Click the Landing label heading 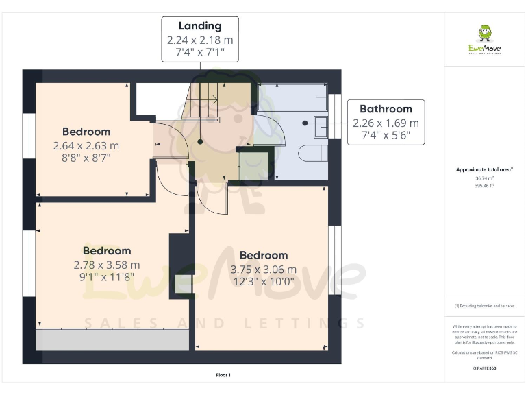coord(200,26)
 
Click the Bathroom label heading coord(386,108)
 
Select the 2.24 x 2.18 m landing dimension coord(200,40)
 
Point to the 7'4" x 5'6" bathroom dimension coord(386,136)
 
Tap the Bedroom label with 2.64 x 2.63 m coord(86,132)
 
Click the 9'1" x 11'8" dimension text coord(107,277)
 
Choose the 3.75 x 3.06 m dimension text coord(264,270)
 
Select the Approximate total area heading coord(484,169)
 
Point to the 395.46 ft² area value coord(484,184)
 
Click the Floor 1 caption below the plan coord(223,375)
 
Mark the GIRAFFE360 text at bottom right coord(484,369)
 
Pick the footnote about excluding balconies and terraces coord(484,306)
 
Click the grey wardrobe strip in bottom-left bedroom coord(112,339)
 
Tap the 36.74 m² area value coord(484,178)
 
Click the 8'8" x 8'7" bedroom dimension coord(86,158)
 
